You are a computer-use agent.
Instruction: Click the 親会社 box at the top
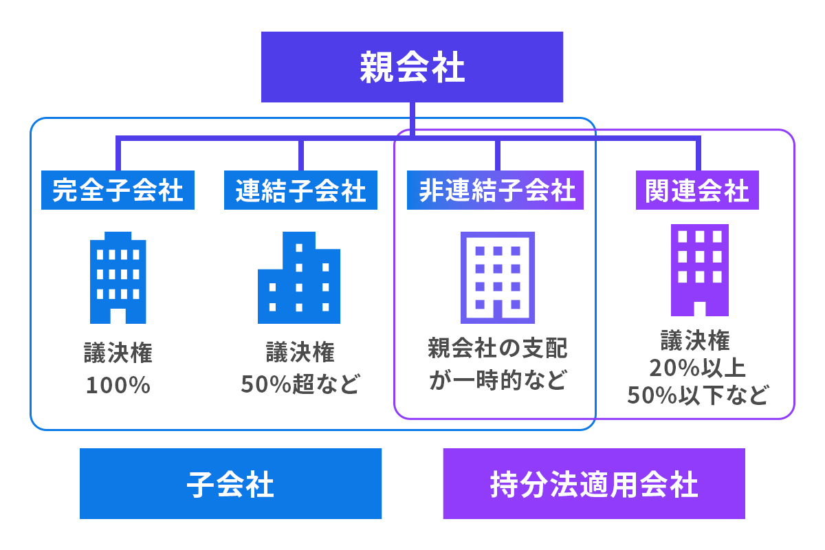tap(412, 67)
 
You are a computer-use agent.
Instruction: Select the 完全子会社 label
tap(118, 190)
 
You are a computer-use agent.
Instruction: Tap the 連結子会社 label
tap(300, 190)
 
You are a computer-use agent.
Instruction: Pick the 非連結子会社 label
tap(495, 190)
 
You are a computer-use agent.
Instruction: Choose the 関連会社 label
tap(696, 190)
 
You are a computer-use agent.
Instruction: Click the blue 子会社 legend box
tap(230, 484)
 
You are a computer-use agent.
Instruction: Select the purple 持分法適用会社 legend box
tap(594, 484)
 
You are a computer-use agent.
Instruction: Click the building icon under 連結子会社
tap(299, 278)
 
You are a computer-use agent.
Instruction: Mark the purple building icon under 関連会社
tap(699, 270)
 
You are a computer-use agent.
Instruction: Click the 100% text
tap(118, 385)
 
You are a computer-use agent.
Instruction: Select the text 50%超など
tap(300, 384)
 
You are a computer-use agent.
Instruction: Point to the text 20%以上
tap(698, 368)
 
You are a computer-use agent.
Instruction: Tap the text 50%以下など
tap(698, 396)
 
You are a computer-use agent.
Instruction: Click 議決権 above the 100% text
tap(118, 353)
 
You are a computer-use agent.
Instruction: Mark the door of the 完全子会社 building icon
tap(118, 316)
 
